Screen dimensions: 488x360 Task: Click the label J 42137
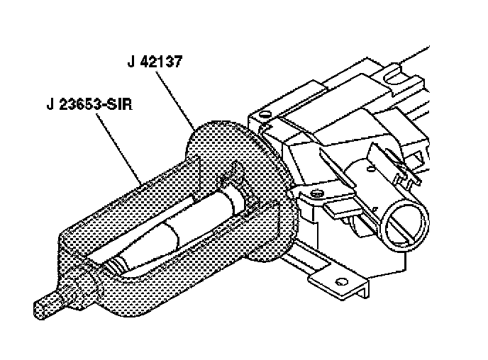pos(155,63)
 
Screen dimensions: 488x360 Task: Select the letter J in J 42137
pos(131,63)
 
